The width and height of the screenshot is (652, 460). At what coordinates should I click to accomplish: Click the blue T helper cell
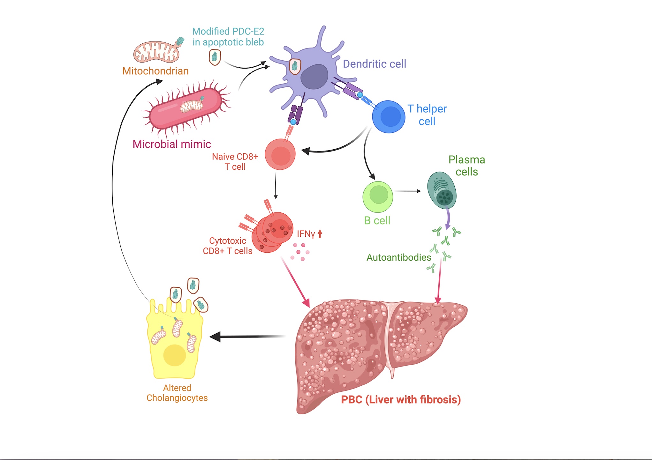pos(389,117)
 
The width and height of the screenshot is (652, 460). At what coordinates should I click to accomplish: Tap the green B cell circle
pos(378,197)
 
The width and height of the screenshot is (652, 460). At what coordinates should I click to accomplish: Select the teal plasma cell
pos(442,190)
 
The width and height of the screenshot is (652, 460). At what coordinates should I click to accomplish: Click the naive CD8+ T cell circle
pos(280,154)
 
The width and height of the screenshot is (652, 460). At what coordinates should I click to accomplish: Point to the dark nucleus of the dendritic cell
pos(315,77)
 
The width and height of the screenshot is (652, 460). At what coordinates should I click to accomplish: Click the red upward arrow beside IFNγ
pos(320,234)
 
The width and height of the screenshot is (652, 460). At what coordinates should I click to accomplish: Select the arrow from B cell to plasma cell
pos(408,191)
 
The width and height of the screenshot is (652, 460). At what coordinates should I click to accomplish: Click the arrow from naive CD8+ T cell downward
pos(276,186)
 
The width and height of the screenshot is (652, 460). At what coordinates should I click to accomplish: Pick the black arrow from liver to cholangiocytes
pos(247,337)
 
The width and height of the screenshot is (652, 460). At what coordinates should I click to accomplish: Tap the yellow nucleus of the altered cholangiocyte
pos(175,355)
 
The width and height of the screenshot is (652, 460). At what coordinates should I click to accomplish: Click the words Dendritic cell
pos(375,64)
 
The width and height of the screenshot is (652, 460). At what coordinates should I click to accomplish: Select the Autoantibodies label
pos(399,257)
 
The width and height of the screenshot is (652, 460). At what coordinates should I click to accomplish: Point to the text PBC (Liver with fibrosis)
pos(401,399)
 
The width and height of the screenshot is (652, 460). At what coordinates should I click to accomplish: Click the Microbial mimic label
pos(172,144)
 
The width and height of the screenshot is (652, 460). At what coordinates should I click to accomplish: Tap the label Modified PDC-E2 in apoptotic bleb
pos(228,37)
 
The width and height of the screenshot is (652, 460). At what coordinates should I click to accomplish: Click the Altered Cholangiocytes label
pos(177,393)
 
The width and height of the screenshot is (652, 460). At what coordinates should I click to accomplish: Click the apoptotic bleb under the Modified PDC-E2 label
pos(215,57)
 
